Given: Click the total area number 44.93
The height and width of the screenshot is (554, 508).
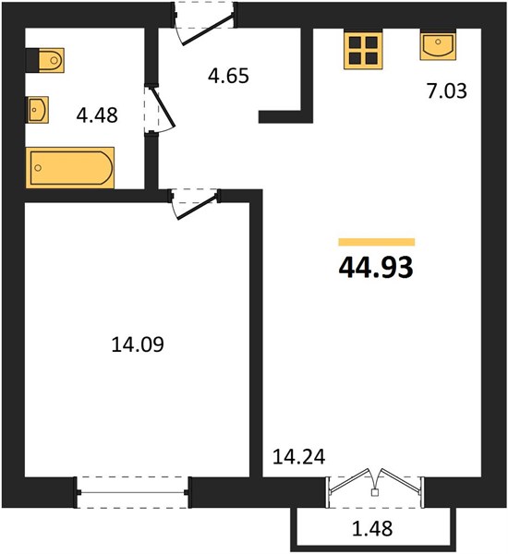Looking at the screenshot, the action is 376,268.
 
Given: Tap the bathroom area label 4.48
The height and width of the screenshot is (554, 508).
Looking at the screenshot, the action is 97,115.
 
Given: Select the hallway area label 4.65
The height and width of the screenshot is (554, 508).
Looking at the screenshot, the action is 228,76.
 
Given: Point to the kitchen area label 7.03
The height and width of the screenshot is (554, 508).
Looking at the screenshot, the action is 447,90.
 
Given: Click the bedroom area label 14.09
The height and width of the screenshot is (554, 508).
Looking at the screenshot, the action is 138,344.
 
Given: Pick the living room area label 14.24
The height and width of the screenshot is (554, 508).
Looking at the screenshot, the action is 299,457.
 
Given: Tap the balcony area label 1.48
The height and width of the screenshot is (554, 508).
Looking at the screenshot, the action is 372,529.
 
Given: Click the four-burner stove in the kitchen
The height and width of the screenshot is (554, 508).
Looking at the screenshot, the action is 363,50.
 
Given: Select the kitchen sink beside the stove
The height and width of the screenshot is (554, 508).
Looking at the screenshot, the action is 438,45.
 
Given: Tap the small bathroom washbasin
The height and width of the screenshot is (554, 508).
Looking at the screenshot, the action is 38,110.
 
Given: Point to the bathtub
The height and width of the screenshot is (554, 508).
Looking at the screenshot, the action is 70,168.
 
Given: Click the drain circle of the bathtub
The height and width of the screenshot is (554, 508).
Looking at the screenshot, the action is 38,168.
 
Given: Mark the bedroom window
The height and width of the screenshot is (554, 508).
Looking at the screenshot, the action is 133,492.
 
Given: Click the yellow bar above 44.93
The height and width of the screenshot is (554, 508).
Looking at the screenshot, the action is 377,242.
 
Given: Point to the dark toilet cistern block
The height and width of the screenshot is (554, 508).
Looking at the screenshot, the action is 32,60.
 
